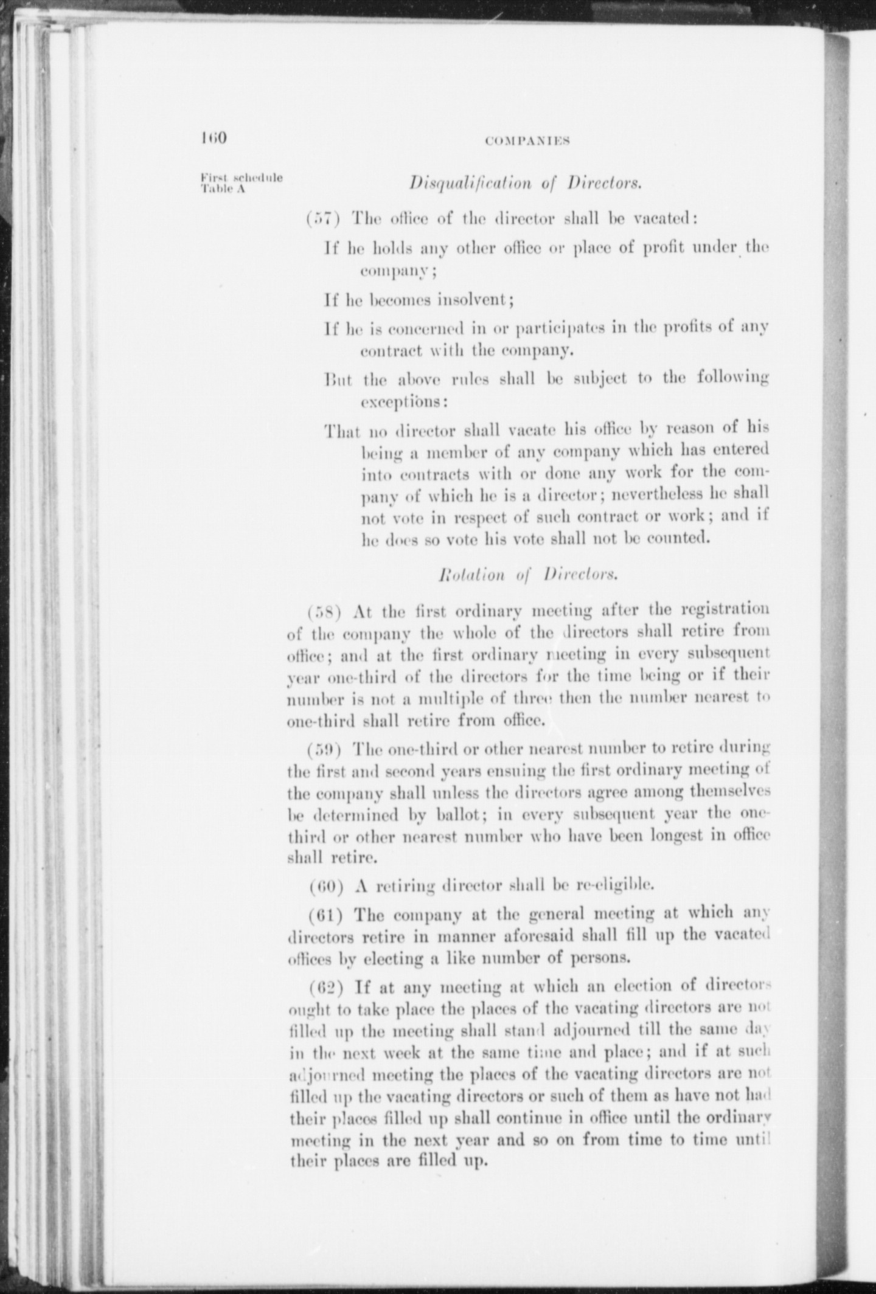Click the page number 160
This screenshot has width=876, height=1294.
coord(213,138)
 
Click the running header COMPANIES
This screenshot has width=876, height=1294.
coord(527,140)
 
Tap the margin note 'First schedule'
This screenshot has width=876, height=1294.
coord(242,178)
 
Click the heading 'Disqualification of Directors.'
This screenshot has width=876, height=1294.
coord(526,182)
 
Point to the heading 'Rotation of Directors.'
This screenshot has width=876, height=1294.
coord(527,574)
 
